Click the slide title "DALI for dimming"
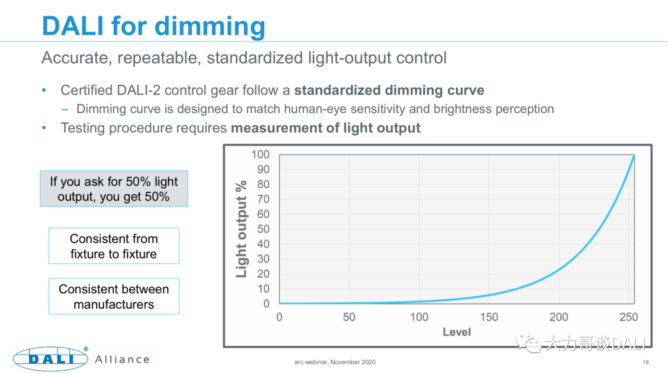click(153, 26)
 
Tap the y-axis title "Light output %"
click(241, 229)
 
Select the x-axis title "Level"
click(456, 332)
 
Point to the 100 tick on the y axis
click(260, 154)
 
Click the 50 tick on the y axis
click(263, 229)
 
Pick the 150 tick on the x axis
click(489, 317)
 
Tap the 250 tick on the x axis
click(628, 317)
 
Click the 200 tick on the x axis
click(559, 317)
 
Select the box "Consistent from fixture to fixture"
click(114, 246)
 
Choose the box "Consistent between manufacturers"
click(114, 296)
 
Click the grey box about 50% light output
click(114, 189)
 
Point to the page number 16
click(646, 362)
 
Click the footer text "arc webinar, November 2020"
click(334, 362)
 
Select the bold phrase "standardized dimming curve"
click(389, 90)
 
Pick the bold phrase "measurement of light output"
click(325, 128)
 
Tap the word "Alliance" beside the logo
click(122, 359)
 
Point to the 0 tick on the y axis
click(267, 304)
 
